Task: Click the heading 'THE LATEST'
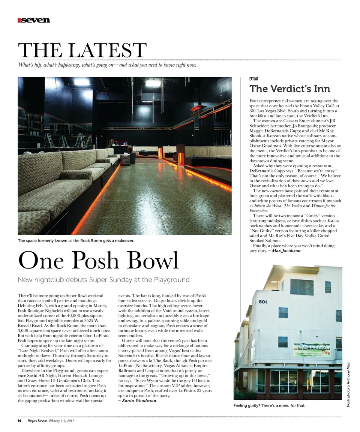(82, 50)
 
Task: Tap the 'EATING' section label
(253, 79)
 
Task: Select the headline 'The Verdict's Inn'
(290, 89)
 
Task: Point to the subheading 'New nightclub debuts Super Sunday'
(104, 280)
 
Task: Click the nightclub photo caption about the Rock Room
(76, 240)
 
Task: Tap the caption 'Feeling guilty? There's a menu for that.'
(269, 406)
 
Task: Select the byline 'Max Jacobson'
(286, 250)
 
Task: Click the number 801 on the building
(262, 302)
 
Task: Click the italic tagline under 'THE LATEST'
(107, 65)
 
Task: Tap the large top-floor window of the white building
(301, 287)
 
